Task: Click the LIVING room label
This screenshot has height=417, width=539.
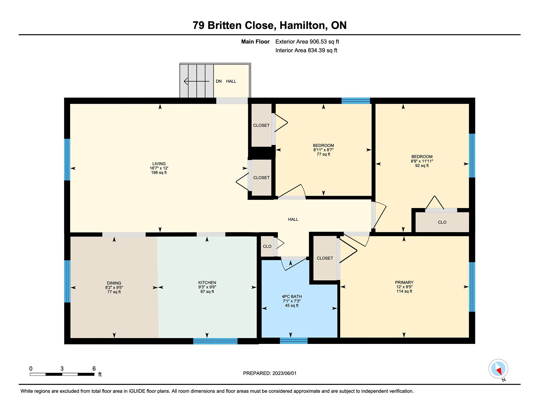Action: (159, 164)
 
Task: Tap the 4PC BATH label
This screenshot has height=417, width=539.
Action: (292, 296)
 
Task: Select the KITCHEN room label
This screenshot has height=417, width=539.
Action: (207, 283)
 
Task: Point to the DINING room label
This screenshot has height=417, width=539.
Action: (114, 283)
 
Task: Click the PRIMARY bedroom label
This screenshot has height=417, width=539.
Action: (404, 282)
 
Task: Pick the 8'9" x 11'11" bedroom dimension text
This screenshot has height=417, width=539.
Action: (422, 161)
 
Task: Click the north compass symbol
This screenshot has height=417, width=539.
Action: (499, 369)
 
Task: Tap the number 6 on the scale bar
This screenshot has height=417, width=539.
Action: (94, 368)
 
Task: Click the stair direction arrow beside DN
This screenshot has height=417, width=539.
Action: (197, 81)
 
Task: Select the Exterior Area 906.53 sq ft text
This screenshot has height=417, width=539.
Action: (307, 42)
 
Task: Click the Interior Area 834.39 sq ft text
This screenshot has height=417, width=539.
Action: (306, 50)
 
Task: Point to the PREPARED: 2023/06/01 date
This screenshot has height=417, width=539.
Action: (270, 373)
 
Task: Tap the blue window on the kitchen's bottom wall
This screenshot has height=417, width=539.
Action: (215, 341)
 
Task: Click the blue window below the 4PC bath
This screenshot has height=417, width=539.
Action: (294, 341)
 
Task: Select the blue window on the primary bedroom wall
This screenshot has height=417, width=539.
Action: (472, 287)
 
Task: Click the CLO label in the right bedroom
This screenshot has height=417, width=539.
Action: (442, 222)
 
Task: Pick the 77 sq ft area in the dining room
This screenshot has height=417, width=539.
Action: (114, 292)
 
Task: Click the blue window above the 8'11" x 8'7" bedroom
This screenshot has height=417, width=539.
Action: (356, 101)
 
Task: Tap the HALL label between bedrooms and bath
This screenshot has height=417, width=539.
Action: (293, 219)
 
